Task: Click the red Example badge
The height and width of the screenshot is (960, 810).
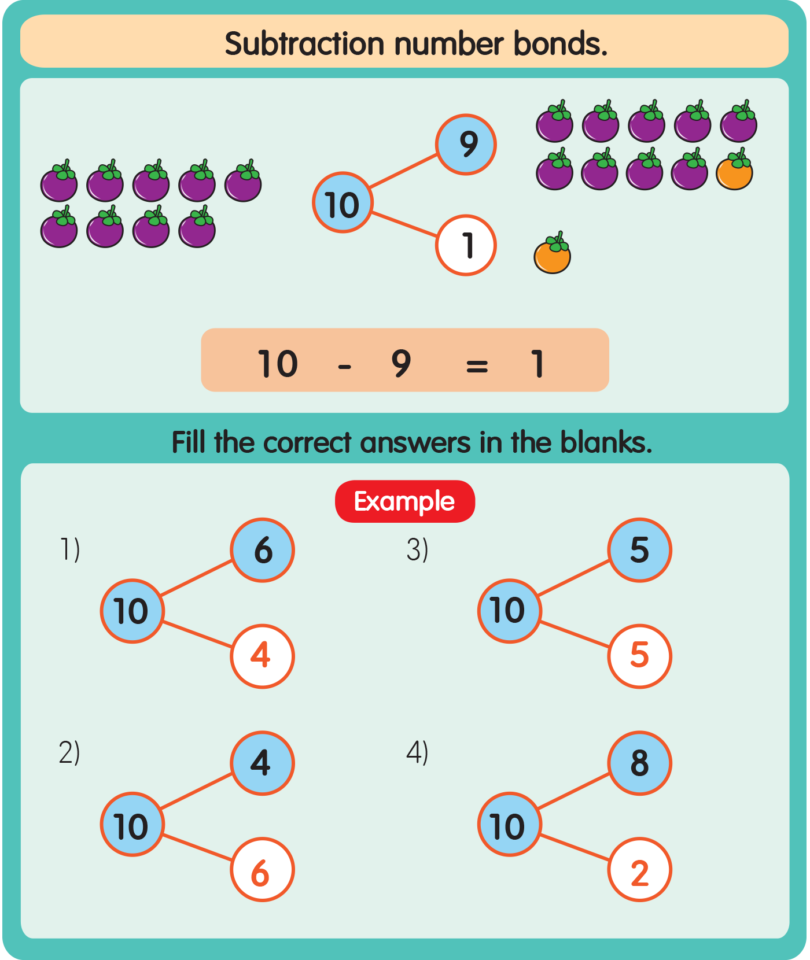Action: tap(404, 501)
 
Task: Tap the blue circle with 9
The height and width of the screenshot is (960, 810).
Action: tap(466, 145)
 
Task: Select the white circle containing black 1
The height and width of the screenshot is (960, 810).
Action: tap(466, 245)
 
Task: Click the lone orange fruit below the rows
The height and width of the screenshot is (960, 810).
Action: tap(552, 254)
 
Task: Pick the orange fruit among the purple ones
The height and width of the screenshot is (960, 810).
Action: tap(734, 171)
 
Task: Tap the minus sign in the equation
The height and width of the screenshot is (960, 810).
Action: tap(345, 365)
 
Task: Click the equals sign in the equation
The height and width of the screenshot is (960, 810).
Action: tap(477, 365)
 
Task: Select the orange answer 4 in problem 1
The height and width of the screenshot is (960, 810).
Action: tap(262, 656)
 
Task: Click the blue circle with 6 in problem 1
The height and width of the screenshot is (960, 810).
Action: tap(262, 550)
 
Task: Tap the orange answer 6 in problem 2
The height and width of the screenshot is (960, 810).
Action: tap(262, 870)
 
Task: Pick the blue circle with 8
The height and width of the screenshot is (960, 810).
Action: tap(639, 763)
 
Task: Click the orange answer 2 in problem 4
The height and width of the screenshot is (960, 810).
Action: tap(639, 870)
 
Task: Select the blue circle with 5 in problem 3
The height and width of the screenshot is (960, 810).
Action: tap(639, 550)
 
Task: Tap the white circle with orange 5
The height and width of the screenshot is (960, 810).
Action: tap(639, 656)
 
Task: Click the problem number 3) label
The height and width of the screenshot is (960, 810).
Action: tap(417, 549)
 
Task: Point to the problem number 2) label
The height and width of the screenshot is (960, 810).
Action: tap(69, 752)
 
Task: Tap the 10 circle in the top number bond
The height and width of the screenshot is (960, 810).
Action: tap(343, 203)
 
